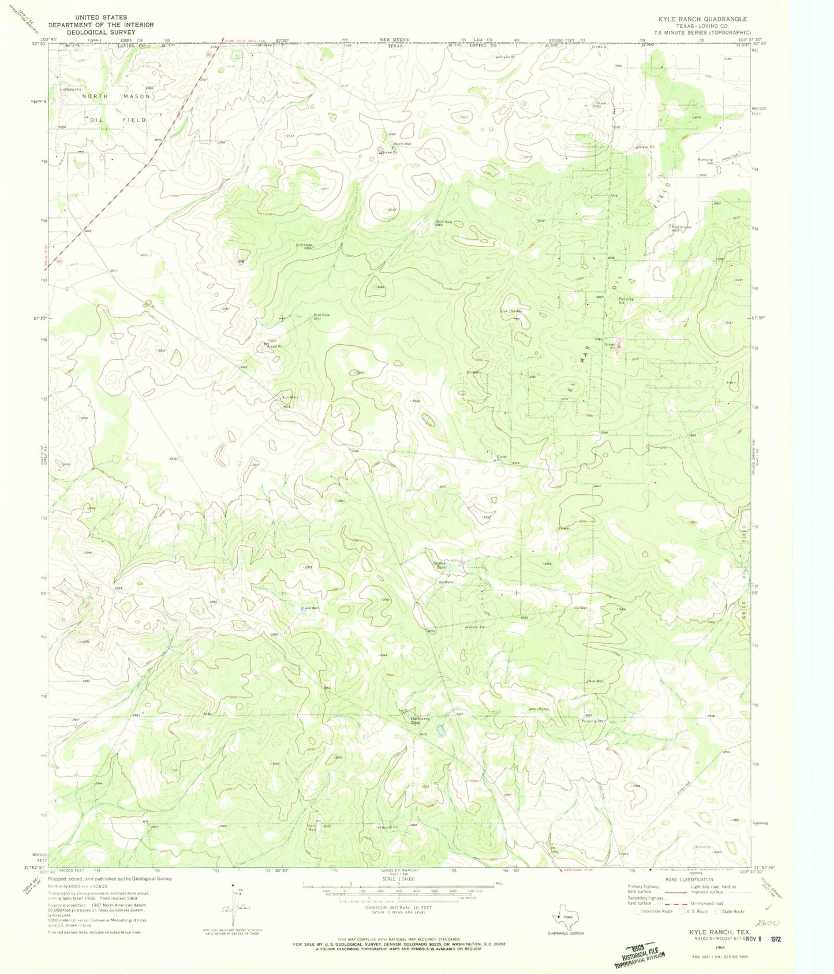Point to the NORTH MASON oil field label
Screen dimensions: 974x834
click(x=115, y=96)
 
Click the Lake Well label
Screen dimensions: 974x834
click(x=310, y=608)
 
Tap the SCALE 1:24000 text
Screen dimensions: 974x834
click(x=399, y=879)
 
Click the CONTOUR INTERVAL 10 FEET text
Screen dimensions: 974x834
click(x=398, y=907)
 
